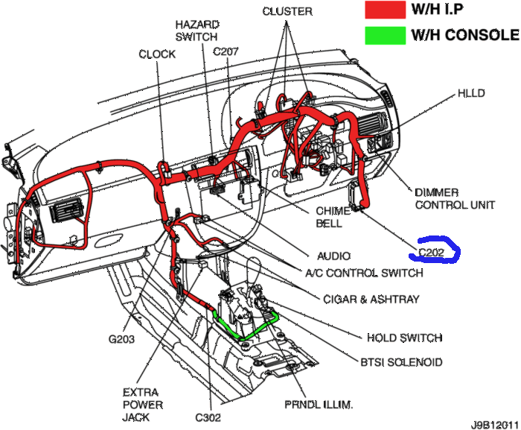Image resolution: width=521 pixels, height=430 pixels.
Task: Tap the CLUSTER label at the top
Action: tap(287, 11)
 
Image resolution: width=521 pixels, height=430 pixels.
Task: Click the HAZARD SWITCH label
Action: tap(196, 30)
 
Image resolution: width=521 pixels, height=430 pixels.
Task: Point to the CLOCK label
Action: tap(157, 54)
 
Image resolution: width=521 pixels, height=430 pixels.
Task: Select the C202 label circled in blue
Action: tap(432, 253)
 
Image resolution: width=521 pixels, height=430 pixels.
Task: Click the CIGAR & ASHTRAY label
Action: tap(371, 300)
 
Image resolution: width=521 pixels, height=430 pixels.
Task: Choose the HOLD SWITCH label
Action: tap(405, 338)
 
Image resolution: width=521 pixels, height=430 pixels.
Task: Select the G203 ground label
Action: tap(123, 340)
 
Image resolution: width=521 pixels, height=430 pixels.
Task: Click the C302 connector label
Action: tap(208, 419)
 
